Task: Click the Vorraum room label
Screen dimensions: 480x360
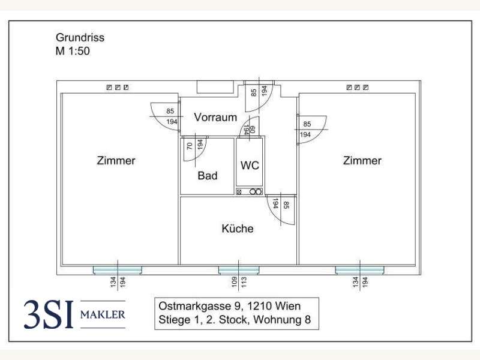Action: pyautogui.click(x=215, y=117)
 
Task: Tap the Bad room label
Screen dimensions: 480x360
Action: pyautogui.click(x=208, y=176)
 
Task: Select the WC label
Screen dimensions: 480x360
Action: pyautogui.click(x=250, y=166)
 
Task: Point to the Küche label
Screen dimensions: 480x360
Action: pyautogui.click(x=238, y=229)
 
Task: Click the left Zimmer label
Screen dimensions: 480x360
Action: pyautogui.click(x=116, y=161)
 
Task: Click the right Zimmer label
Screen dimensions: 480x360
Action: pyautogui.click(x=362, y=161)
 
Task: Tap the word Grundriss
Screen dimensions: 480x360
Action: pyautogui.click(x=80, y=38)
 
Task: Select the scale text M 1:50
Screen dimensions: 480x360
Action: pyautogui.click(x=73, y=51)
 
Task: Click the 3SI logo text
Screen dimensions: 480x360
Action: pyautogui.click(x=49, y=314)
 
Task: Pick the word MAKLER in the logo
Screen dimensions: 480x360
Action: pyautogui.click(x=103, y=314)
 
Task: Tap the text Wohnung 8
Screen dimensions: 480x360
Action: pyautogui.click(x=282, y=320)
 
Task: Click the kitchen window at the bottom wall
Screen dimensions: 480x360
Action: pyautogui.click(x=239, y=270)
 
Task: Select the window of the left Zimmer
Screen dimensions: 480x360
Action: pyautogui.click(x=118, y=270)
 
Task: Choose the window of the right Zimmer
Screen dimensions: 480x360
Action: pyautogui.click(x=359, y=270)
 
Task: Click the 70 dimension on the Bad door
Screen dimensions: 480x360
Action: pyautogui.click(x=190, y=146)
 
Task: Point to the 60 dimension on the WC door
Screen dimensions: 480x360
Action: pyautogui.click(x=253, y=130)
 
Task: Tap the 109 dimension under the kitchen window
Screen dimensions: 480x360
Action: pyautogui.click(x=234, y=282)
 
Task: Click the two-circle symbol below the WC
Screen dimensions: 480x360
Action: pyautogui.click(x=256, y=192)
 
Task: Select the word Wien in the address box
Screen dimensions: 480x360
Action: pyautogui.click(x=288, y=306)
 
